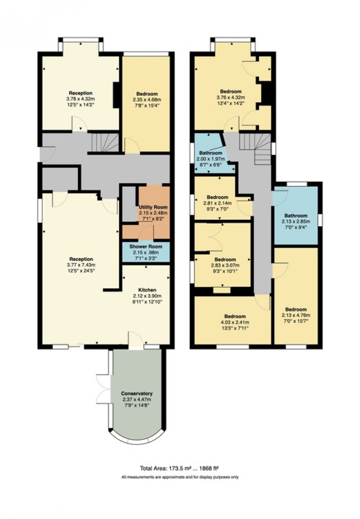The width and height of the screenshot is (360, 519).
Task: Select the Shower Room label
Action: point(145,247)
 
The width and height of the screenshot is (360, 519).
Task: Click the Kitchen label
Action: point(147,290)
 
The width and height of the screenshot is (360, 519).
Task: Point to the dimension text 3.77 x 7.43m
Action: point(81,265)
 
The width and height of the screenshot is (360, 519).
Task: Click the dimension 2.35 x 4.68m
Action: point(147,99)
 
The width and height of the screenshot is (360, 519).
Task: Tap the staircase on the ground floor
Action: point(105,143)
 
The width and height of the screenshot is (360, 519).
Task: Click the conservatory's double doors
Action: point(102,388)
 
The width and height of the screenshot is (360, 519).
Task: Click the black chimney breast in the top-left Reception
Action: point(116,95)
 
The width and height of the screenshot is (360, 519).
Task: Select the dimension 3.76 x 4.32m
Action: point(230,97)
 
